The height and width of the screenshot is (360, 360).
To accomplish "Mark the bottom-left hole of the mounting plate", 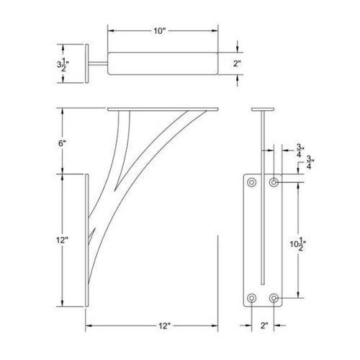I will [x=251, y=297].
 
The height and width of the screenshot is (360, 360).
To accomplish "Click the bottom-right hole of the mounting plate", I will [x=274, y=297].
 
